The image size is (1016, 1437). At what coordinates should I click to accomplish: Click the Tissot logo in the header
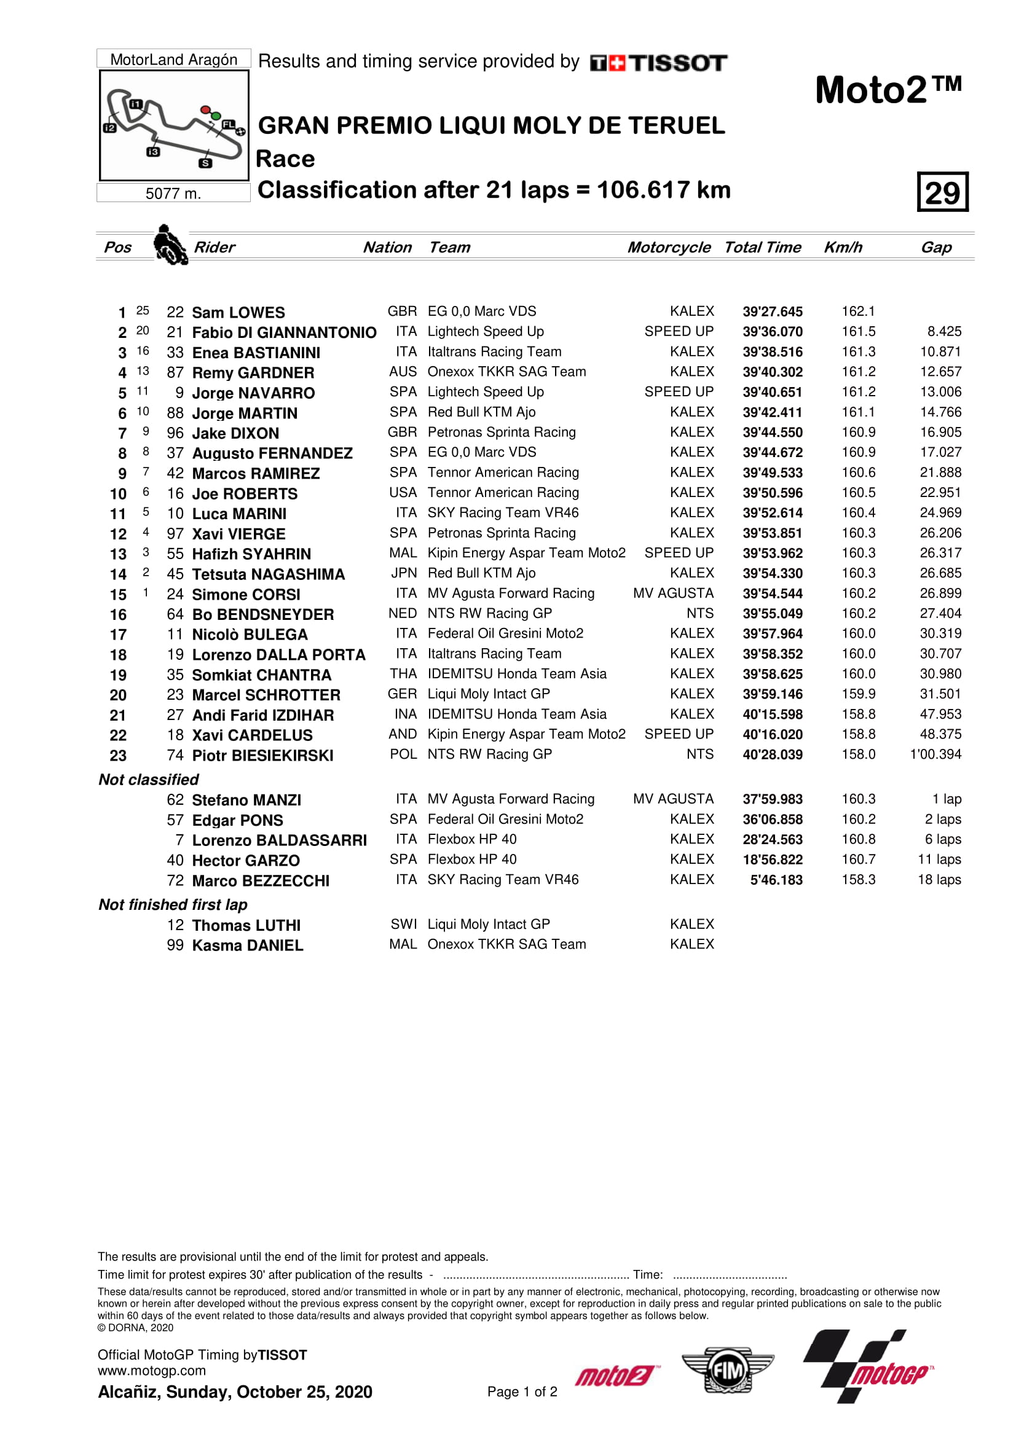(x=658, y=63)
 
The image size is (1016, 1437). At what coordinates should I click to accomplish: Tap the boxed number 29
(x=942, y=192)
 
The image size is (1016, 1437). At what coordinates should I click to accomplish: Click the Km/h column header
(x=843, y=247)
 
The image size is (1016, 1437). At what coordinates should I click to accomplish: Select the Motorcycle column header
(x=669, y=247)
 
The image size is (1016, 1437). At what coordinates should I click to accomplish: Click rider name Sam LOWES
(x=238, y=312)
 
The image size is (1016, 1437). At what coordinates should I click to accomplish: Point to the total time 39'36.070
(x=773, y=332)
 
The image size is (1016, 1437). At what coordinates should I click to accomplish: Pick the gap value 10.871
(x=940, y=352)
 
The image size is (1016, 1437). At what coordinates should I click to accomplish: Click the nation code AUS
(x=403, y=372)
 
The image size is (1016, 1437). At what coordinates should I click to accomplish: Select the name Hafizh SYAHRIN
(x=251, y=554)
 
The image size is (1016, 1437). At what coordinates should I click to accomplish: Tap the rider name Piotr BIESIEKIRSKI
(x=262, y=756)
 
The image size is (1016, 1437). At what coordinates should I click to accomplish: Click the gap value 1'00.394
(x=935, y=754)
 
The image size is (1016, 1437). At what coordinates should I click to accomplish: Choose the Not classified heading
(x=148, y=779)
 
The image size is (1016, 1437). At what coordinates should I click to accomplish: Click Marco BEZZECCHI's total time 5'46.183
(x=776, y=879)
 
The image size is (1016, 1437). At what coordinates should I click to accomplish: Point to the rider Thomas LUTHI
(x=246, y=925)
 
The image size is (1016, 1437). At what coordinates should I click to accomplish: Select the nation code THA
(x=403, y=673)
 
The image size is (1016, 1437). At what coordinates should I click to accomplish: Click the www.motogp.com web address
(x=151, y=1370)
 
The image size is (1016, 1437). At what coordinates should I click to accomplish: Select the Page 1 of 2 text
(x=522, y=1392)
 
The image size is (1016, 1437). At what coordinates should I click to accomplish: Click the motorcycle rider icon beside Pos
(x=170, y=245)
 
